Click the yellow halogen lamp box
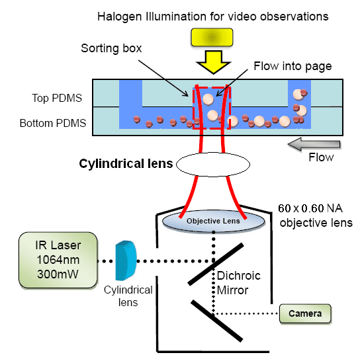click(x=212, y=37)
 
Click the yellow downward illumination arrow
click(x=213, y=62)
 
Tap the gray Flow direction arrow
click(x=314, y=144)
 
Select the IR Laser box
click(x=58, y=260)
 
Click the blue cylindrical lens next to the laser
click(x=126, y=261)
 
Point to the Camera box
click(x=305, y=313)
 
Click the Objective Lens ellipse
click(x=213, y=221)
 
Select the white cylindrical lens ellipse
click(x=213, y=165)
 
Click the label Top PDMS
click(x=57, y=98)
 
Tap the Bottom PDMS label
click(x=53, y=123)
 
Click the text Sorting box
click(x=111, y=48)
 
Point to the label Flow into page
click(x=292, y=66)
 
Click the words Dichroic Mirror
click(x=238, y=283)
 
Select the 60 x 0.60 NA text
click(x=310, y=208)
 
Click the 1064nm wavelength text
click(x=58, y=260)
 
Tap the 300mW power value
click(x=58, y=274)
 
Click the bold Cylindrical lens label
click(x=126, y=164)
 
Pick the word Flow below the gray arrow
click(x=321, y=157)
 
